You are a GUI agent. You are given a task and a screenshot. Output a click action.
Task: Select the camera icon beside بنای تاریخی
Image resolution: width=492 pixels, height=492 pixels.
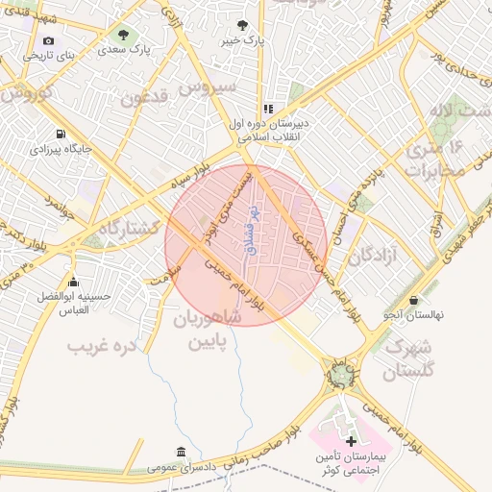pyautogui.click(x=48, y=40)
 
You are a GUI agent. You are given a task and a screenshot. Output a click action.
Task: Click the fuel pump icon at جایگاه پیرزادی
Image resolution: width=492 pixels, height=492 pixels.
pyautogui.click(x=62, y=134)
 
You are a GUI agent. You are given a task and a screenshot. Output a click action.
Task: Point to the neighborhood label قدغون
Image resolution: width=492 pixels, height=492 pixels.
pyautogui.click(x=144, y=96)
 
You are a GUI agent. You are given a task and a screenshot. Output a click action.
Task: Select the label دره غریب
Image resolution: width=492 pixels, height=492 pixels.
pyautogui.click(x=102, y=343)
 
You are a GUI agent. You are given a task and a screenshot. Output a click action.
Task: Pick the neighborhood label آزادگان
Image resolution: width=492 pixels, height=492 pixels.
pyautogui.click(x=373, y=257)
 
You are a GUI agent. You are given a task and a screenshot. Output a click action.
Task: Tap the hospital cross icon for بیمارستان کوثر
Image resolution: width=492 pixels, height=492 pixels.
pyautogui.click(x=350, y=439)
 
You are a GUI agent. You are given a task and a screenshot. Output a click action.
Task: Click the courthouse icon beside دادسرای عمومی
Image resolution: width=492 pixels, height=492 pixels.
pyautogui.click(x=181, y=452)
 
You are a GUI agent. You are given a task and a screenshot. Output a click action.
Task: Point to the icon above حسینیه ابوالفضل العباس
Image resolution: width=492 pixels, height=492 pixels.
pyautogui.click(x=73, y=282)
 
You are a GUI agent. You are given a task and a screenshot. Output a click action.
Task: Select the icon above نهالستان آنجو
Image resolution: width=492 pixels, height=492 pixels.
pyautogui.click(x=413, y=300)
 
